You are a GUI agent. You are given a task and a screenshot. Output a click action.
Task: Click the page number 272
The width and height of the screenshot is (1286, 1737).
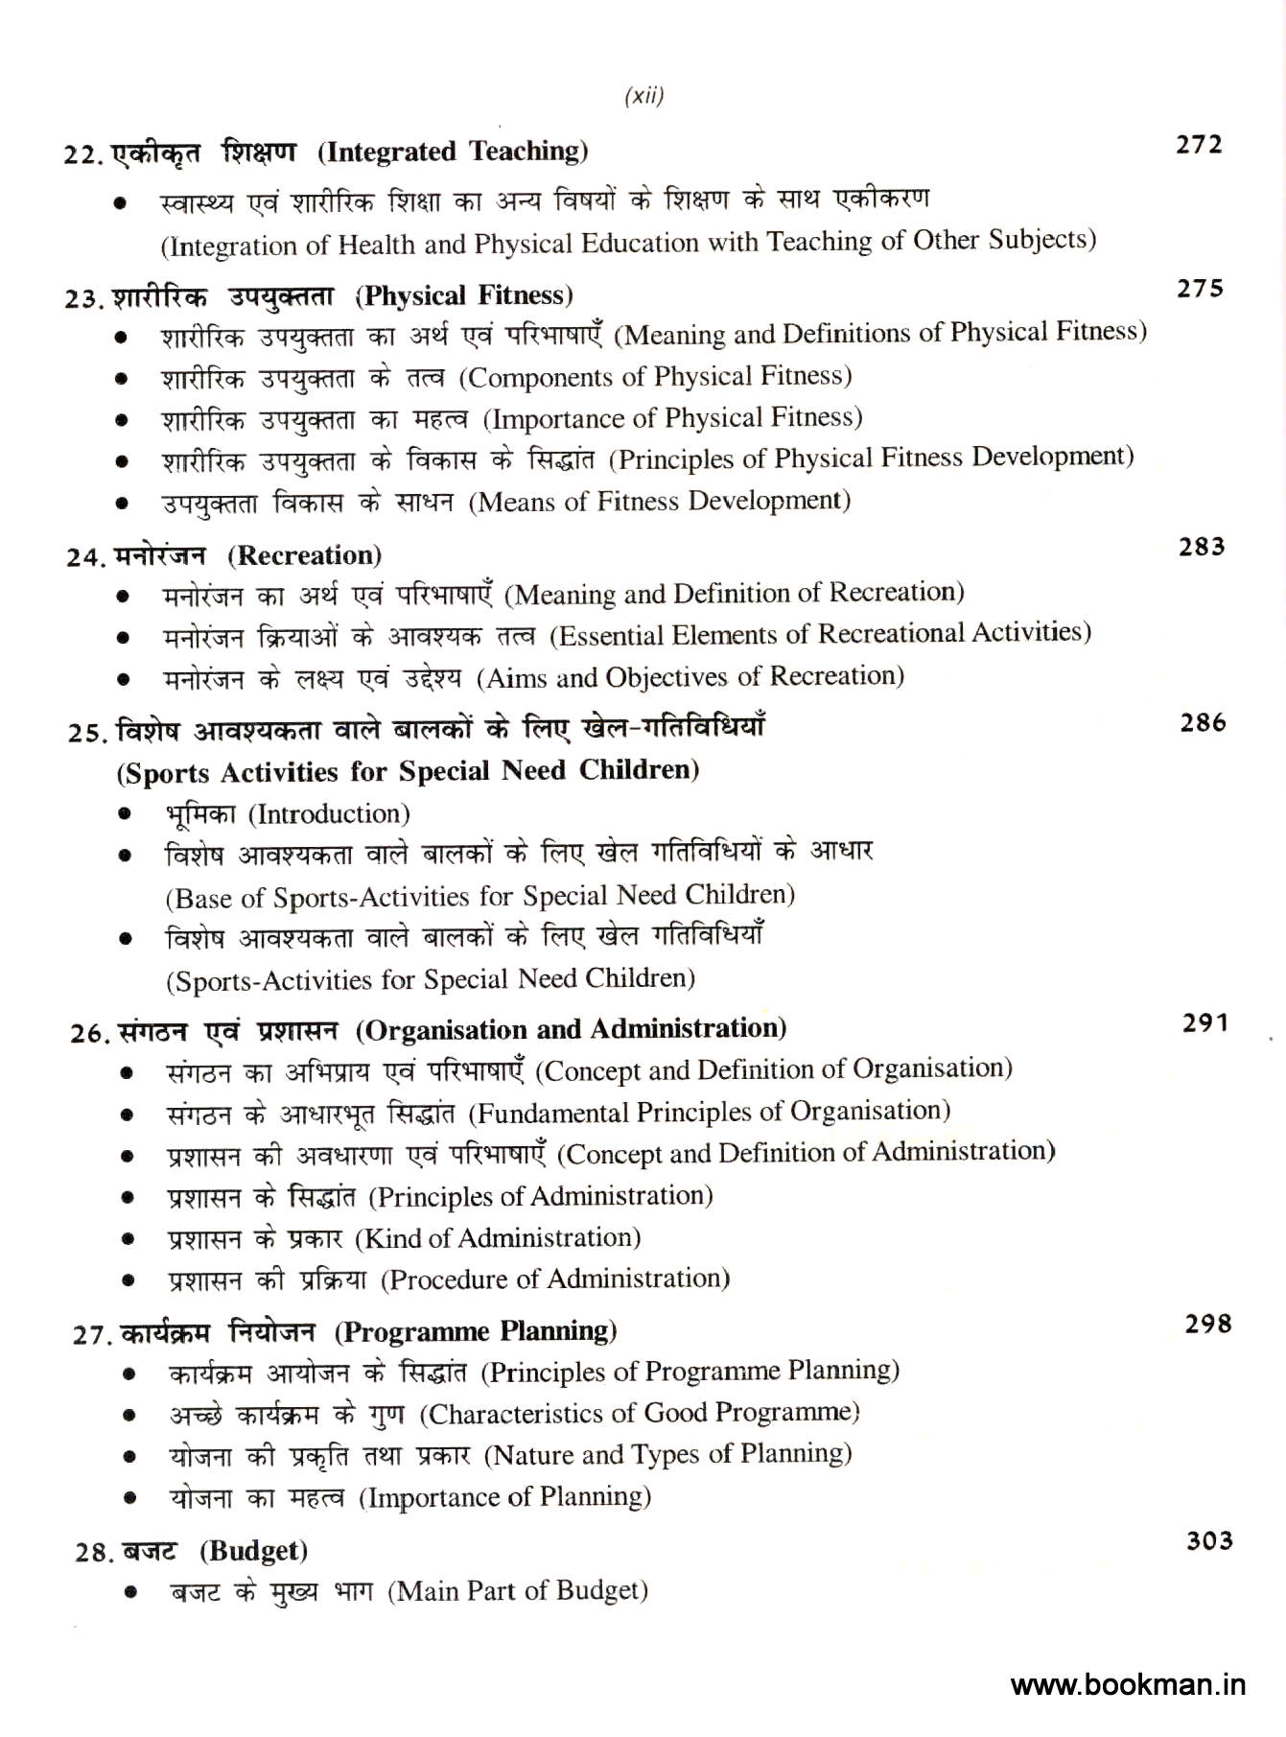tap(1199, 145)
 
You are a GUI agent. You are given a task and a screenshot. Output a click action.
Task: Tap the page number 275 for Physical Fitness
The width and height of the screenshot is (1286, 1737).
tap(1200, 289)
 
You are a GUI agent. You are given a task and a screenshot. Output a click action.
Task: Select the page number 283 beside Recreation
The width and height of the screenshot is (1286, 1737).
tap(1202, 547)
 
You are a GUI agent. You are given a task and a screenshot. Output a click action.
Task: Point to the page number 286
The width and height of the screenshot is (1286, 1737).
tap(1203, 722)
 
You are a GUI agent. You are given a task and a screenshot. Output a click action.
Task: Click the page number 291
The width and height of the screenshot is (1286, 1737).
tap(1204, 1023)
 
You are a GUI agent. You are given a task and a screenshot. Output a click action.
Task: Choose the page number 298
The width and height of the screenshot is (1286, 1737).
tap(1207, 1324)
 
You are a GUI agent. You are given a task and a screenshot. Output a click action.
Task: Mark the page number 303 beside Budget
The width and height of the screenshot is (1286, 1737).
tap(1209, 1540)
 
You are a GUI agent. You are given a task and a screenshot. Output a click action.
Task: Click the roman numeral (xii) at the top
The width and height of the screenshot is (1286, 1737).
tap(643, 96)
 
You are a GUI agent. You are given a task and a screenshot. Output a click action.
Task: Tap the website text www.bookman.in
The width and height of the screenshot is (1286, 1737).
tap(1128, 1684)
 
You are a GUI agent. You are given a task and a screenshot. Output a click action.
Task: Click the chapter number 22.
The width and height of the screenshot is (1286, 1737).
tap(82, 154)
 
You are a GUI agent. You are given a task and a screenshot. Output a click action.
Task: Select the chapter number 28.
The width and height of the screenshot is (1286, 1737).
tap(94, 1552)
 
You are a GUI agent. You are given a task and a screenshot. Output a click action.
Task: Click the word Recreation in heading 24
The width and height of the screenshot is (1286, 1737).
tap(309, 555)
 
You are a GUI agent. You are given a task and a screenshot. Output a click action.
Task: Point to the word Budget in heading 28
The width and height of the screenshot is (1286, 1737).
tap(256, 1551)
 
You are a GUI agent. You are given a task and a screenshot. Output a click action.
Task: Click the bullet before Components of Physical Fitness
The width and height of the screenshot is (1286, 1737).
tap(121, 379)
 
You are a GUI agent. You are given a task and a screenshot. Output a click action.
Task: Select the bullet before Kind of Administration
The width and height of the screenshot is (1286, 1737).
tap(128, 1239)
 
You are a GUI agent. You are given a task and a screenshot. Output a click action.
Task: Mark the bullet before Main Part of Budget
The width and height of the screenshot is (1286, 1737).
tap(130, 1593)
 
